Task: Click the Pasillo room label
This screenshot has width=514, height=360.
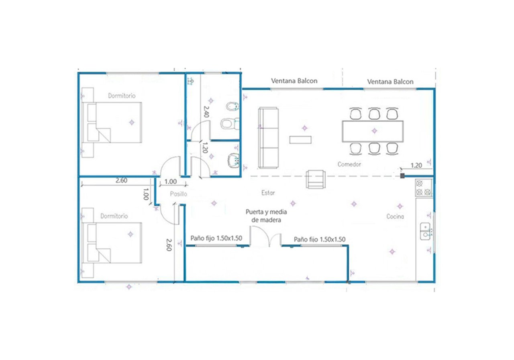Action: tap(178, 194)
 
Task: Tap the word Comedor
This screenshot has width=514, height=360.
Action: tap(349, 164)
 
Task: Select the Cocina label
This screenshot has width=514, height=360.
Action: tap(395, 217)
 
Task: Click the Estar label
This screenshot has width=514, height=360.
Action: tap(268, 192)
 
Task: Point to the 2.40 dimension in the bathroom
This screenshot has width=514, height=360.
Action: tap(206, 111)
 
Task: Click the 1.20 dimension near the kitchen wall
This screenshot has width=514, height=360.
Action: tap(416, 165)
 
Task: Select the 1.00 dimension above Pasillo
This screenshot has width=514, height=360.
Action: tap(171, 182)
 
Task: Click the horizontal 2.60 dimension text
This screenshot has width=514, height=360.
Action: tap(121, 180)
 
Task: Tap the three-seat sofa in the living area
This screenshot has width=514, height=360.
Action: tap(268, 137)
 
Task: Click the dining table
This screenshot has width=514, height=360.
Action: tap(372, 131)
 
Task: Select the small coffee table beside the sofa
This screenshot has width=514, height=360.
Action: tap(300, 140)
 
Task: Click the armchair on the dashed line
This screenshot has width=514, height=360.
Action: tap(316, 179)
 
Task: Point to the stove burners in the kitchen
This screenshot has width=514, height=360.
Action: tap(423, 188)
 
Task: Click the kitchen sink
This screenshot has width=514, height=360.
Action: tap(425, 231)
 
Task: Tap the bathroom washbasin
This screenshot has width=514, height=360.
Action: tap(233, 160)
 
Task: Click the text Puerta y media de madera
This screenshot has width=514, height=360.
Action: tap(266, 216)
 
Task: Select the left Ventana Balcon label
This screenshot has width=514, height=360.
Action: tap(294, 81)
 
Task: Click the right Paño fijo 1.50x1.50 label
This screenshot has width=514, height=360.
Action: tap(320, 239)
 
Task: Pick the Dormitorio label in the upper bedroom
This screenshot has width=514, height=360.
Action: tap(122, 96)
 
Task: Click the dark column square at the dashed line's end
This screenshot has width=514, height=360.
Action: tap(402, 176)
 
